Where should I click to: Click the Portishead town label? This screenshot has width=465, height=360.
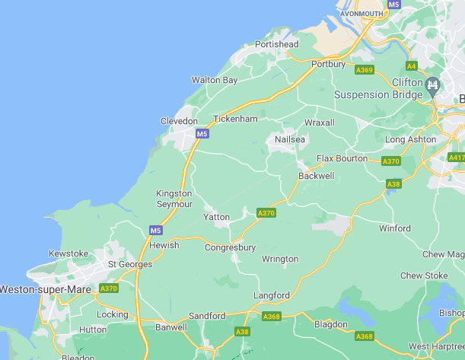tap(277, 44)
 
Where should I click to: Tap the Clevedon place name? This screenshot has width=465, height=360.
tap(179, 121)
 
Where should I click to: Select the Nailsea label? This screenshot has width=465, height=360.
tap(289, 140)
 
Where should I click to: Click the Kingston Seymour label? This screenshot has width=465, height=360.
tap(174, 199)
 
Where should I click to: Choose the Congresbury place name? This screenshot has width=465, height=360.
tap(230, 247)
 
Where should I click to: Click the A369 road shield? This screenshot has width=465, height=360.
tap(364, 70)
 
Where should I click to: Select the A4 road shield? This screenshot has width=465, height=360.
tap(412, 65)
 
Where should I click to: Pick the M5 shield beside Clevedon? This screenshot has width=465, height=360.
tap(201, 134)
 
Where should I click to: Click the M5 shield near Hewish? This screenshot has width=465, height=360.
tap(155, 230)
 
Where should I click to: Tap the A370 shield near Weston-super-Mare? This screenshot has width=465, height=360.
tap(109, 288)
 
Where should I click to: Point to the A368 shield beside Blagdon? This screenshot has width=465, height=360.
tap(365, 336)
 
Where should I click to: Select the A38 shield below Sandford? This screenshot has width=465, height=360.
tap(242, 332)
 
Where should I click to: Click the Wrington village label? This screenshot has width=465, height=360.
tap(280, 259)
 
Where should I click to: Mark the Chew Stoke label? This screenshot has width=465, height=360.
tap(424, 276)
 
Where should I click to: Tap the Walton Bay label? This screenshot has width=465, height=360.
tap(215, 80)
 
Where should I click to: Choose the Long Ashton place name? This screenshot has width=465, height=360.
tap(411, 139)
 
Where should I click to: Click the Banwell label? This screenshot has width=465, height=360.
tap(170, 327)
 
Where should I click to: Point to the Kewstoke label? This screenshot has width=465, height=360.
tap(68, 253)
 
